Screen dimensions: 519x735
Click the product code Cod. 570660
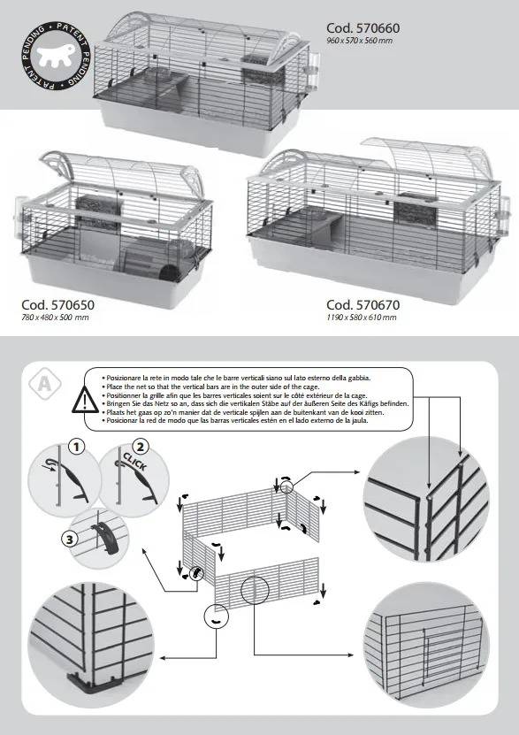pyautogui.click(x=363, y=28)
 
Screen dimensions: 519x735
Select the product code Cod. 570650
pyautogui.click(x=57, y=304)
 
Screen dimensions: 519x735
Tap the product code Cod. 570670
pyautogui.click(x=363, y=304)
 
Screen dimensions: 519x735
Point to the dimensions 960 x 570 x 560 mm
pyautogui.click(x=359, y=41)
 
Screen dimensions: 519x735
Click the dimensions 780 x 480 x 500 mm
pyautogui.click(x=55, y=318)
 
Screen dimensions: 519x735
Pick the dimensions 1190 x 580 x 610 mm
pyautogui.click(x=361, y=318)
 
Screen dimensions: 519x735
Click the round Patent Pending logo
pyautogui.click(x=57, y=56)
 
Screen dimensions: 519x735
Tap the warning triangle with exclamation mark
pyautogui.click(x=85, y=401)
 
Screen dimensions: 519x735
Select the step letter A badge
pyautogui.click(x=45, y=385)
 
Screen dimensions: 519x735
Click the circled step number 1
pyautogui.click(x=76, y=447)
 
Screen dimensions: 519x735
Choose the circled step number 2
pyautogui.click(x=140, y=447)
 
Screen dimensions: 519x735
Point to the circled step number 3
pyautogui.click(x=69, y=539)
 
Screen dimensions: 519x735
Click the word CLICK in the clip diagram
pyautogui.click(x=135, y=461)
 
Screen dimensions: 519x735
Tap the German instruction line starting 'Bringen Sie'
pyautogui.click(x=256, y=403)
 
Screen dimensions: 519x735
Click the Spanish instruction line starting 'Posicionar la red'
pyautogui.click(x=234, y=420)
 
